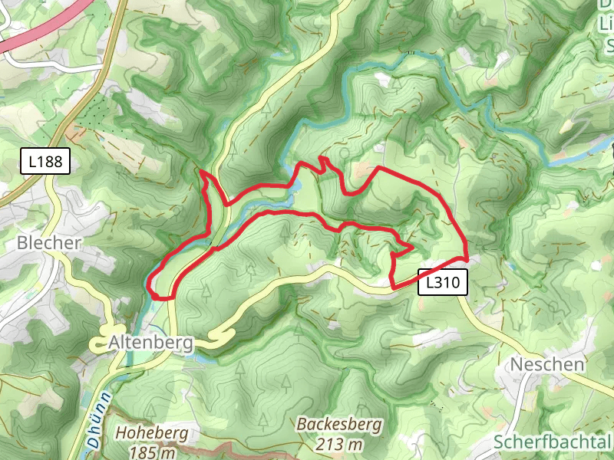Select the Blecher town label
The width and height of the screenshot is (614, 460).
49,243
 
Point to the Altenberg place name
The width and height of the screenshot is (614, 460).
150,342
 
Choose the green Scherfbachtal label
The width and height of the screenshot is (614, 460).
553,442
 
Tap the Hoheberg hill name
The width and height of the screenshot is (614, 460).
152,432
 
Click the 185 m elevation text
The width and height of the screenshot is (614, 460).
152,452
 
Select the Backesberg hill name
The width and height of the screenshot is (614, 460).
330,424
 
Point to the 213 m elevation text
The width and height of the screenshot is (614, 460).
330,444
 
